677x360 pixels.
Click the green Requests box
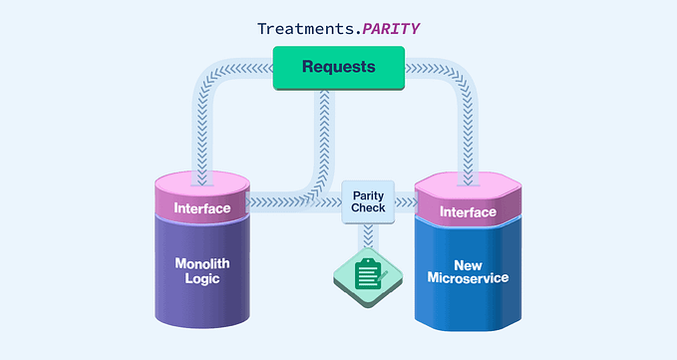point(339,68)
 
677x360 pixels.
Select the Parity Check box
point(368,201)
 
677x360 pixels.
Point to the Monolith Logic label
point(202,271)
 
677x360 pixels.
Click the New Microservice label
point(468,272)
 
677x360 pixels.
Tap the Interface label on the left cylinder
point(202,208)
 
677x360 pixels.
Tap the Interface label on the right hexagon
point(468,211)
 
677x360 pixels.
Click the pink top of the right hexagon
point(468,185)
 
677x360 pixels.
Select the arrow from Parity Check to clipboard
point(368,236)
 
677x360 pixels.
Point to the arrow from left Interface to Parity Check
point(295,202)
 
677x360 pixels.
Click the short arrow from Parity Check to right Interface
point(406,202)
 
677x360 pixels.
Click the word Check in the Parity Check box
point(368,208)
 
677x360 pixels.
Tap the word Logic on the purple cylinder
point(202,279)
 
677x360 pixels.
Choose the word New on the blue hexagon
point(468,264)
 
